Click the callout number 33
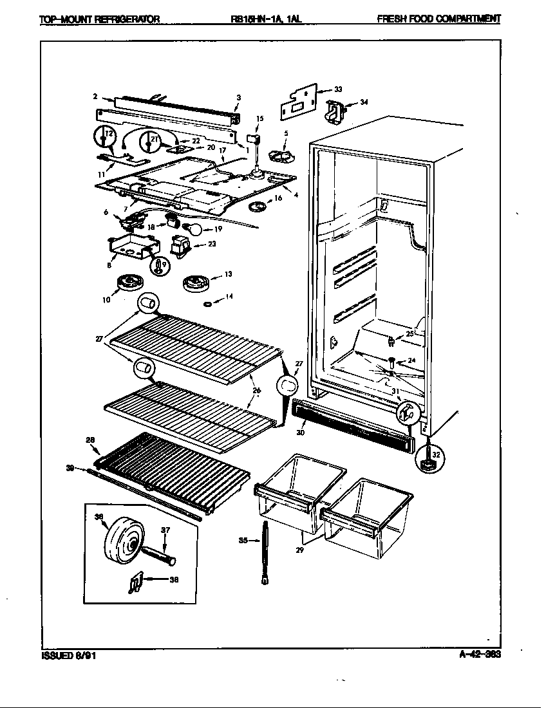[x=338, y=89]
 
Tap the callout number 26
[x=256, y=390]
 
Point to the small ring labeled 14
[x=208, y=303]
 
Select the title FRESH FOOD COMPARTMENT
[x=438, y=19]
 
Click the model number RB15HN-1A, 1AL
[x=265, y=19]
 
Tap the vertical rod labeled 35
[x=264, y=552]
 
